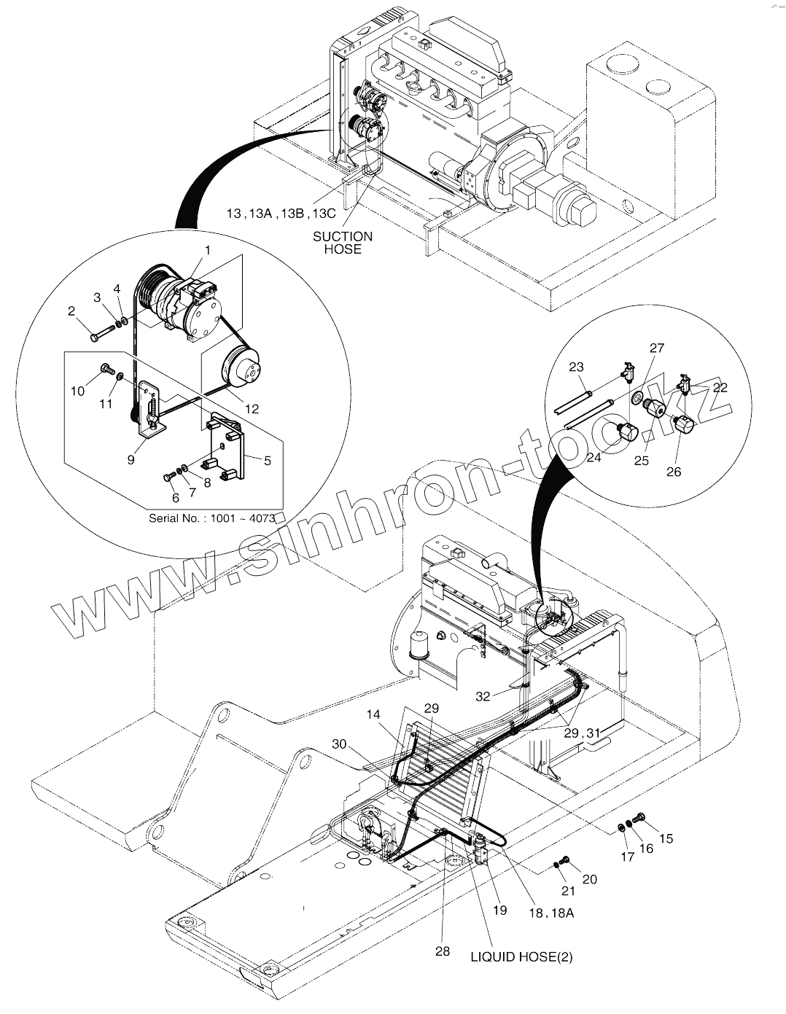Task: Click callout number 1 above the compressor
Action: click(207, 250)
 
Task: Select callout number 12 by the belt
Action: click(252, 409)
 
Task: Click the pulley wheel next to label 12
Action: click(244, 369)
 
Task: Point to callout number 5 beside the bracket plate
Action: click(268, 460)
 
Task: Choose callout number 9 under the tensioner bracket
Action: click(131, 460)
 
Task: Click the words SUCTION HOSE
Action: click(343, 242)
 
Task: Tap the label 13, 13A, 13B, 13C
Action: click(280, 214)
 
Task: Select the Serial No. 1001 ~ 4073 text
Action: click(211, 518)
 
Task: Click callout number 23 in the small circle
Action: click(577, 367)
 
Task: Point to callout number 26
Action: click(674, 472)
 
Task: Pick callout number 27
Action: click(657, 348)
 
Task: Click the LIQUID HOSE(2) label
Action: click(521, 957)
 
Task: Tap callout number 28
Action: click(443, 951)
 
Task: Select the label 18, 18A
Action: click(553, 913)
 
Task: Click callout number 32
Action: click(483, 696)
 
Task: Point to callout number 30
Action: click(339, 744)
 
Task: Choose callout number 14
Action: click(374, 716)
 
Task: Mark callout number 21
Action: click(569, 891)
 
